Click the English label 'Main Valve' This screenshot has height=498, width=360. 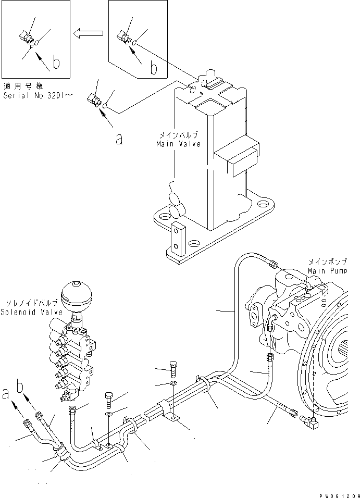coord(178,144)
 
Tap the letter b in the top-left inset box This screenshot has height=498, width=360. coord(56,63)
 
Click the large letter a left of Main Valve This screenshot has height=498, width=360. coord(119,139)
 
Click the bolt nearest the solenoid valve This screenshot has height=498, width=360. coord(109,399)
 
